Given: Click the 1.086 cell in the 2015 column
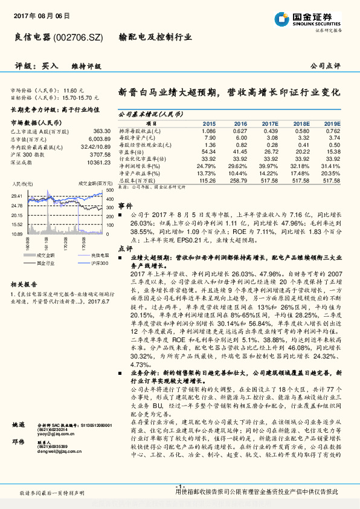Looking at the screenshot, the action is point(208,131).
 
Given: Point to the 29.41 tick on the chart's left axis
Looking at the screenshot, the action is point(17,196).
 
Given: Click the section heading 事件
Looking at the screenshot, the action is point(125,206).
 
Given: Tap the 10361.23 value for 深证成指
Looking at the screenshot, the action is point(98,163).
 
